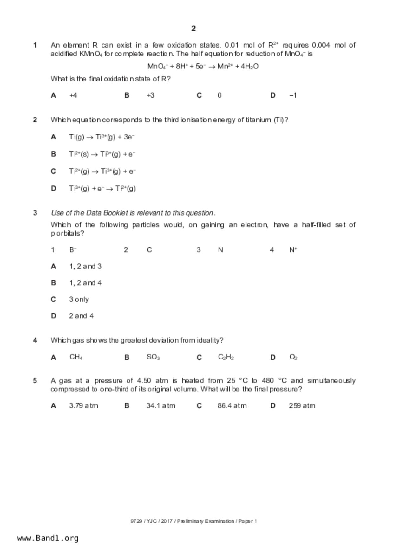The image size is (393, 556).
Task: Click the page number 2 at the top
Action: pyautogui.click(x=193, y=29)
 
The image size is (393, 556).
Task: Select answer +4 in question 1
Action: pyautogui.click(x=73, y=95)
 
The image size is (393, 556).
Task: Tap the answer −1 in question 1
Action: pyautogui.click(x=293, y=95)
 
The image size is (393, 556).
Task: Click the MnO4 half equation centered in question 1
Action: pyautogui.click(x=203, y=66)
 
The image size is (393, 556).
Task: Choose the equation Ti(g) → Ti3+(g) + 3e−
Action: pyautogui.click(x=102, y=137)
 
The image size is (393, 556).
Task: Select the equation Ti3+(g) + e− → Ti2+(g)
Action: pyautogui.click(x=102, y=189)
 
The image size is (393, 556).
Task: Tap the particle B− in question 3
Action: pyautogui.click(x=73, y=250)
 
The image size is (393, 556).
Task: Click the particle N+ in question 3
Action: pyautogui.click(x=293, y=250)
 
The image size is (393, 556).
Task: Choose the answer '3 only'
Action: pyautogui.click(x=79, y=299)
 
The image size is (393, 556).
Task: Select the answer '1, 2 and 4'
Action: pyautogui.click(x=85, y=283)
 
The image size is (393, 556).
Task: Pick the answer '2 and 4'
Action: pyautogui.click(x=81, y=316)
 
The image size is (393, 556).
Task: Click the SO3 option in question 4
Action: pyautogui.click(x=153, y=357)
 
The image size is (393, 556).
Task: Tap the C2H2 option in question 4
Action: pyautogui.click(x=226, y=357)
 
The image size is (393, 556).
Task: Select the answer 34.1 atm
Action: pyautogui.click(x=160, y=406)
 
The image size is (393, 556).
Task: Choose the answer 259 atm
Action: pyautogui.click(x=302, y=406)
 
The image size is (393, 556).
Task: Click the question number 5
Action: pyautogui.click(x=35, y=380)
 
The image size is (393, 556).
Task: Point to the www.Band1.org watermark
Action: pyautogui.click(x=48, y=538)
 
